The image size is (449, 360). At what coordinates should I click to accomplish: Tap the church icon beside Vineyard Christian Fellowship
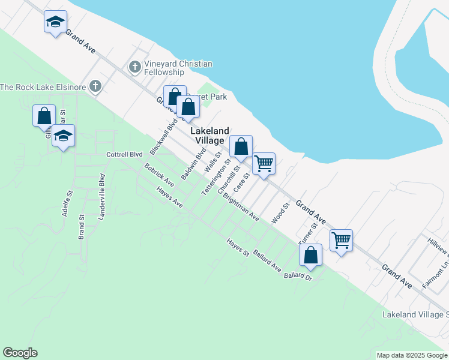tap(135, 66)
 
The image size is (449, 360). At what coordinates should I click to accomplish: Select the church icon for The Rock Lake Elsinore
tap(95, 87)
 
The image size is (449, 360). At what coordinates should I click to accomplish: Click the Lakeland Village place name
tap(209, 136)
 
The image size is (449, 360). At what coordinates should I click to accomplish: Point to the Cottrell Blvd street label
tap(124, 154)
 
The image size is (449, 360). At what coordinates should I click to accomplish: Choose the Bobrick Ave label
tap(158, 174)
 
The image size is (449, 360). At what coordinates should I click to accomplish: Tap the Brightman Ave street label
tap(240, 207)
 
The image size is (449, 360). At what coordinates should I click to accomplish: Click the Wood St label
tap(281, 213)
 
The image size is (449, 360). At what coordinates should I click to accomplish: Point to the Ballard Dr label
tap(298, 277)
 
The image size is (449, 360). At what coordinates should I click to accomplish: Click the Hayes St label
tap(238, 248)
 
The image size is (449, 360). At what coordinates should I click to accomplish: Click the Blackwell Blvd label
tap(160, 137)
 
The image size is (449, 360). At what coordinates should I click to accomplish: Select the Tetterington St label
tap(216, 178)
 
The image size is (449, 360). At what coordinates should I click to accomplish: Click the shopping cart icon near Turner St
tap(341, 240)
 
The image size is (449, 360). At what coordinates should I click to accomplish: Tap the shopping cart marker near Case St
tap(264, 163)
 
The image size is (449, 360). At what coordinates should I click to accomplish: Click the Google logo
tap(20, 353)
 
